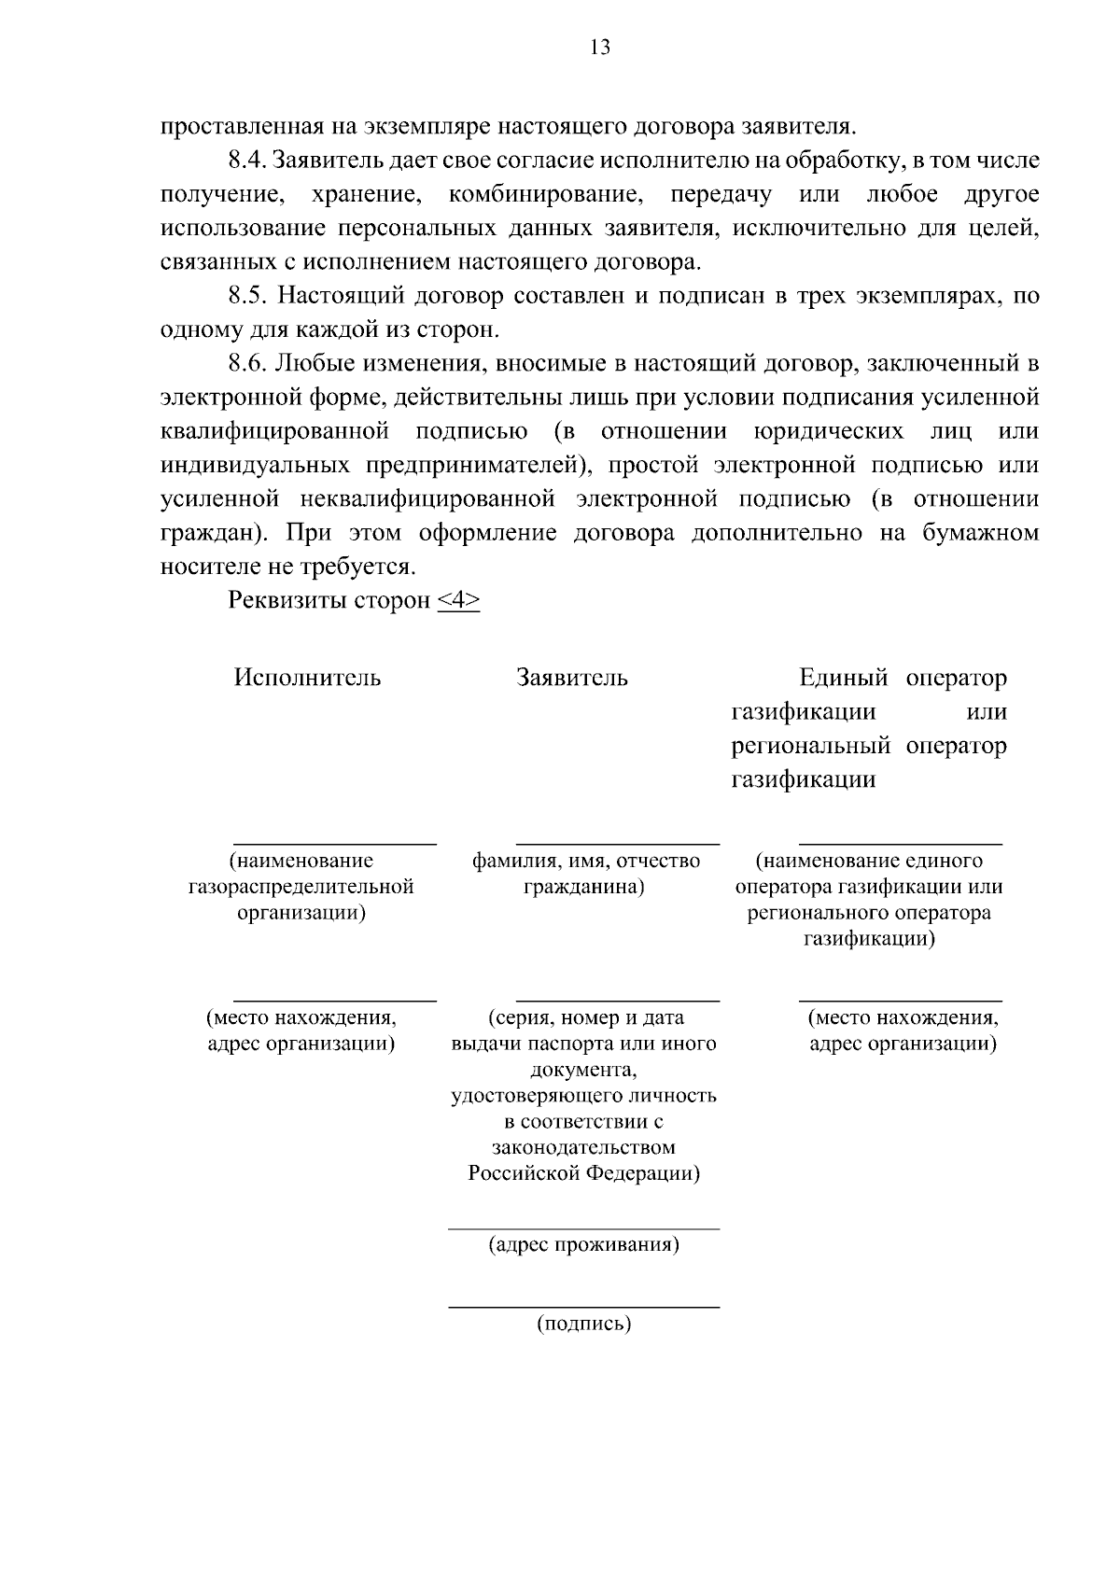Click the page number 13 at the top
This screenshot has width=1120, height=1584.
coord(600,48)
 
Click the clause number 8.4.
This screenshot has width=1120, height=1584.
coord(247,161)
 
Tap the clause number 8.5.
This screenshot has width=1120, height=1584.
coord(247,297)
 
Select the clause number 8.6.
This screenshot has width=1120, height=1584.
coord(247,364)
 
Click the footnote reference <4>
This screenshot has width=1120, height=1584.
coord(458,601)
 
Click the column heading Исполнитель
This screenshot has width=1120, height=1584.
coord(307,678)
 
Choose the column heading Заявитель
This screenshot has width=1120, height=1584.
coord(572,678)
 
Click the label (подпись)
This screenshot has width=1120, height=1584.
coord(584,1324)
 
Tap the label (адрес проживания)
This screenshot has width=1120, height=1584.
coord(584,1245)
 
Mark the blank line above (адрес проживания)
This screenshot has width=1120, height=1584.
coord(584,1229)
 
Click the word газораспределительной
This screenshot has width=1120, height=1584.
coord(301,887)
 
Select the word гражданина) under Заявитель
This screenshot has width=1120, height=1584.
coord(584,887)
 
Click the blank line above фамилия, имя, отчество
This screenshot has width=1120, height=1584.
coord(618,844)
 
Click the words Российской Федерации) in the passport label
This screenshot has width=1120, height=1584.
coord(584,1173)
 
